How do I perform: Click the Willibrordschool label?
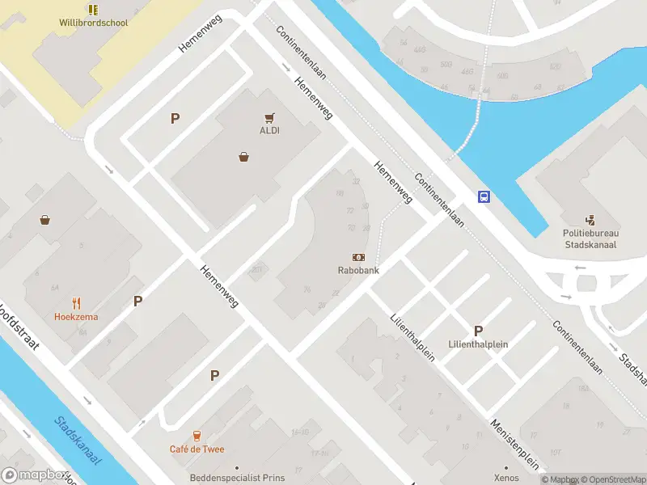[x=94, y=23]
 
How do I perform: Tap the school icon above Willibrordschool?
[x=94, y=9]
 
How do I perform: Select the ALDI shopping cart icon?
[x=269, y=117]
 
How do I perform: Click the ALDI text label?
[x=269, y=131]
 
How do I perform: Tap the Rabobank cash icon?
[x=357, y=257]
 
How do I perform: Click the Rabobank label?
[x=358, y=271]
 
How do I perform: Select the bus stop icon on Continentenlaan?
[x=484, y=196]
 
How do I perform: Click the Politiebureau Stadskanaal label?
[x=590, y=238]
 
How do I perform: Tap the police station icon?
[x=590, y=219]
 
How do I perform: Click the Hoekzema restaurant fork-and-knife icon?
[x=77, y=303]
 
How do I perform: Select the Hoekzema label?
[x=77, y=317]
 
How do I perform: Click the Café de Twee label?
[x=197, y=449]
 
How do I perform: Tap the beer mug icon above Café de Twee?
[x=197, y=435]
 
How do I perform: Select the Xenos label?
[x=506, y=479]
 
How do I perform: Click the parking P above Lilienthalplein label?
[x=478, y=331]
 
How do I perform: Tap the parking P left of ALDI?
[x=174, y=119]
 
